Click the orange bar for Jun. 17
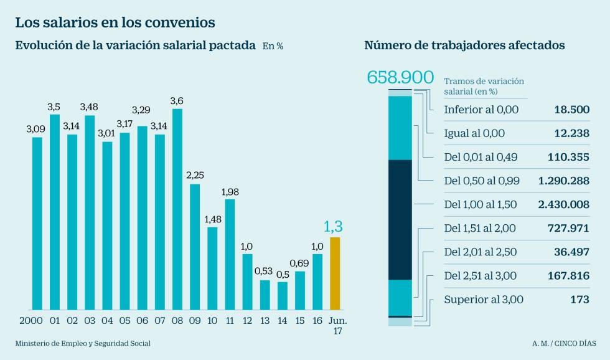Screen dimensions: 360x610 pyautogui.click(x=335, y=273)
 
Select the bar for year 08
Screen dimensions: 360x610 pyautogui.click(x=177, y=209)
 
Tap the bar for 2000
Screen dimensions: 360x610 pyautogui.click(x=37, y=223)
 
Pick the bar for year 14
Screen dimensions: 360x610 pyautogui.click(x=283, y=296)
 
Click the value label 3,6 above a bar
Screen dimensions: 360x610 pyautogui.click(x=177, y=101)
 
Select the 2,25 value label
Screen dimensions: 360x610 pyautogui.click(x=195, y=176)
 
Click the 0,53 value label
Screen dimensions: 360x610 pyautogui.click(x=265, y=272)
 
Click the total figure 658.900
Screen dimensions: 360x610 pyautogui.click(x=400, y=78)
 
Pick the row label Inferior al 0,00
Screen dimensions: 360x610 pyautogui.click(x=481, y=110)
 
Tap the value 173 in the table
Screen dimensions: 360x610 pyautogui.click(x=579, y=299)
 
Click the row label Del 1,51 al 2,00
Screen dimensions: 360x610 pyautogui.click(x=480, y=228)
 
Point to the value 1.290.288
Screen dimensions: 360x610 pyautogui.click(x=563, y=181)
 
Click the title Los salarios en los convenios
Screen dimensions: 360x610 pyautogui.click(x=115, y=22)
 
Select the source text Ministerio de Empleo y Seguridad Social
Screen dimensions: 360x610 pyautogui.click(x=83, y=343)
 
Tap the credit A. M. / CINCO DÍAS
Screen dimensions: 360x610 pyautogui.click(x=563, y=343)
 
